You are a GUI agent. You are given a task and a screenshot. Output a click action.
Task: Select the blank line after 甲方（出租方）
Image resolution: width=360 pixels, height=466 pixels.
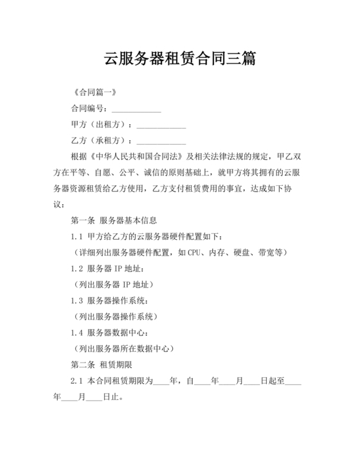pos(161,124)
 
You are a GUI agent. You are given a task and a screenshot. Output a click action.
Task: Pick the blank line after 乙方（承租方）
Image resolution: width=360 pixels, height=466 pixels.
pos(161,140)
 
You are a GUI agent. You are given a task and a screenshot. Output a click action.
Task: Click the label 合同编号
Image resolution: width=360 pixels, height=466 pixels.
pos(89,108)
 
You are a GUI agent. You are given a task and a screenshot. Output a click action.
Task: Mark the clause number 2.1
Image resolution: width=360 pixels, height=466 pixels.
pos(77,381)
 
